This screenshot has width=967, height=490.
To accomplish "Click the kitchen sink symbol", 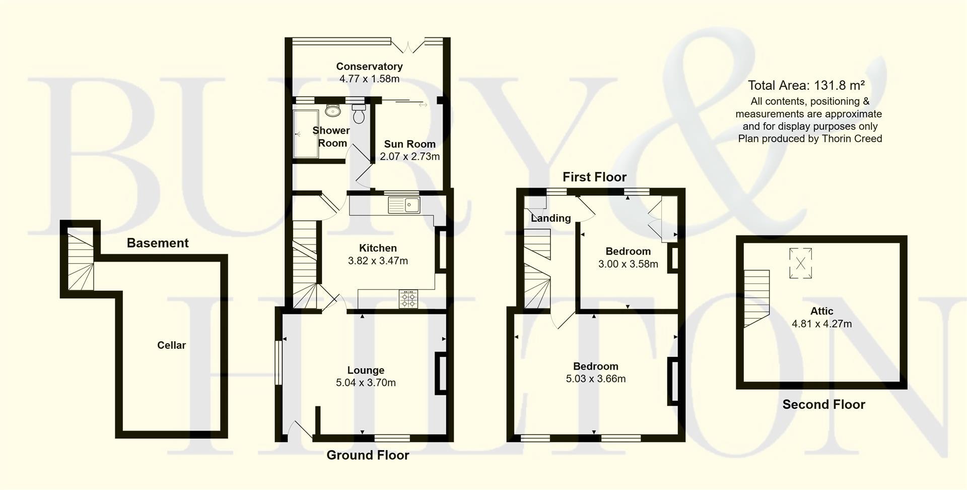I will (404, 205).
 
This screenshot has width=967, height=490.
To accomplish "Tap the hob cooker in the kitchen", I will (408, 299).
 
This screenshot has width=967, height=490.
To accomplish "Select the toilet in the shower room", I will (359, 114).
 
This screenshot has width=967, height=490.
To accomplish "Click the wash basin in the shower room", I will (333, 110).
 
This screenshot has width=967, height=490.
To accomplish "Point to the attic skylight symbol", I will (800, 263).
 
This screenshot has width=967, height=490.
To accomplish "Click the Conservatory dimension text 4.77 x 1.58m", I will (369, 79).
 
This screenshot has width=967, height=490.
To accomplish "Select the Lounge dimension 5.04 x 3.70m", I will (366, 383).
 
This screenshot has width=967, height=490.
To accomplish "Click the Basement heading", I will (157, 243).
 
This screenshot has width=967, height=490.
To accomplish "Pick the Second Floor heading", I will (823, 404).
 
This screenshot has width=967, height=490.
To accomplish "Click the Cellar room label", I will (171, 345).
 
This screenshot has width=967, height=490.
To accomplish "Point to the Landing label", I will (550, 218).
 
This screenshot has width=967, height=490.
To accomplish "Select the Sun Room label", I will (409, 144).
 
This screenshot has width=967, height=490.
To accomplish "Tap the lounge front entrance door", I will (299, 430).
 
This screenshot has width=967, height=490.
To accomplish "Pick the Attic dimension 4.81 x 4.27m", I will (821, 324).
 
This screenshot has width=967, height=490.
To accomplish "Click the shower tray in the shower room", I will (305, 134).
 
